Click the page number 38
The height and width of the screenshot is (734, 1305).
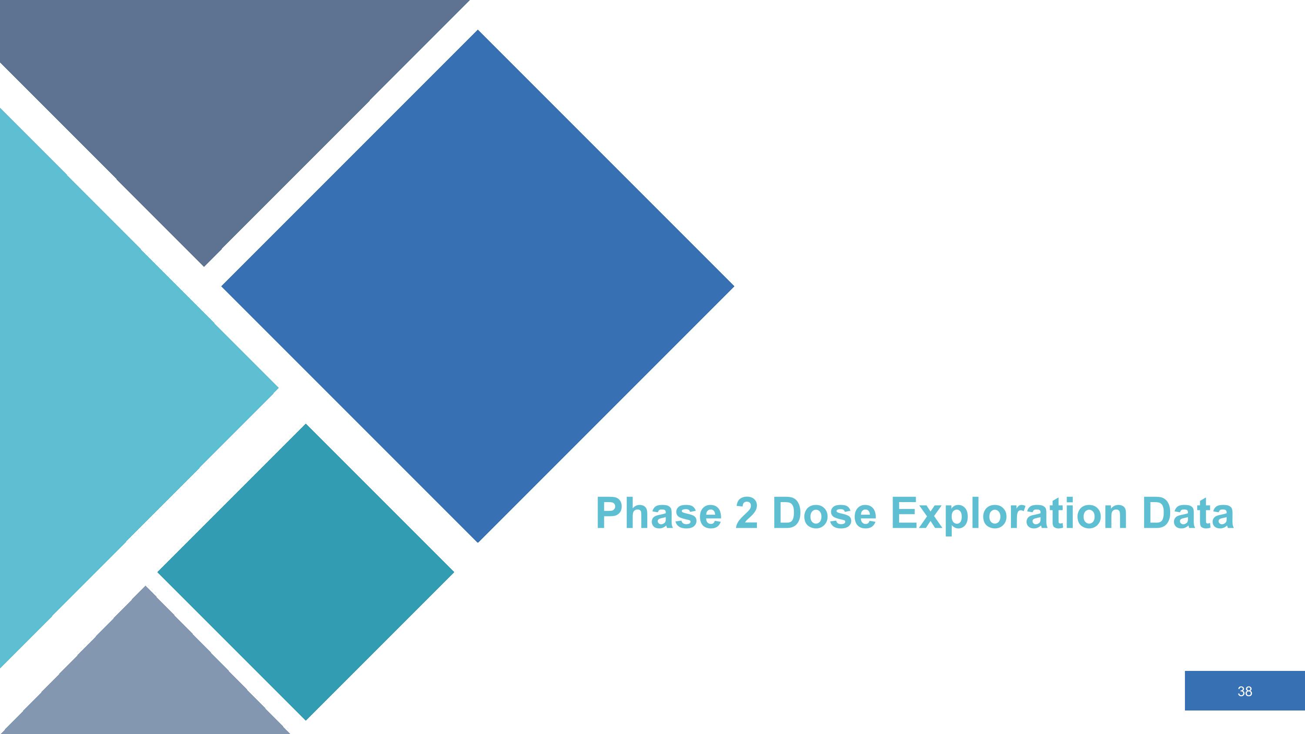tap(1245, 691)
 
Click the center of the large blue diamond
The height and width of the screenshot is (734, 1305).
tap(478, 286)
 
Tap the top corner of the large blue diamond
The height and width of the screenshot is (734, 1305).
tap(478, 31)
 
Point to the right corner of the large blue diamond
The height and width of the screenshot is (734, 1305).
tap(733, 286)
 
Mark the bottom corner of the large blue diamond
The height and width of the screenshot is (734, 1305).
tap(478, 541)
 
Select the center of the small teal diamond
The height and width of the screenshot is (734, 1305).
tap(305, 572)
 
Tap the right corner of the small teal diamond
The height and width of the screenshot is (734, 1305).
tap(452, 572)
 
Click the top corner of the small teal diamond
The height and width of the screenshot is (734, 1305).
tap(305, 426)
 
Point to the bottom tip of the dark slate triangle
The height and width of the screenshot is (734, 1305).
tap(204, 265)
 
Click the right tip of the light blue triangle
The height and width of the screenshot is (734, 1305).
tap(277, 389)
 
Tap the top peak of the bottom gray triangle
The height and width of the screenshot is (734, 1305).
tap(146, 588)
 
